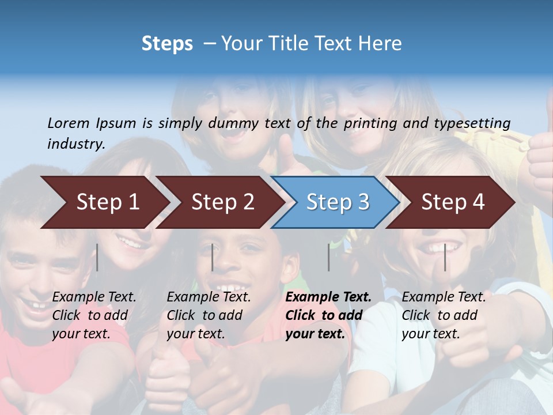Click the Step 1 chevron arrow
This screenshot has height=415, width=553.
coord(107,202)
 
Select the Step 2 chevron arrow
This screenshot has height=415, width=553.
coord(222,202)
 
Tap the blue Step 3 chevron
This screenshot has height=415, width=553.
coord(338,202)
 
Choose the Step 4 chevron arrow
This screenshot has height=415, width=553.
coord(453,202)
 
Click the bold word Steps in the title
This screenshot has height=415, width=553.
coord(167,44)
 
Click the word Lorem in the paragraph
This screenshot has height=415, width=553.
coord(69,123)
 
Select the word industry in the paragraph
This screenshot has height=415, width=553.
coord(75,144)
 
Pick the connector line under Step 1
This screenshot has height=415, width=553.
coord(97,257)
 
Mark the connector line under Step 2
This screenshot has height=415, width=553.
coord(213,257)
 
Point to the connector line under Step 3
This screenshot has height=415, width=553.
coord(329,257)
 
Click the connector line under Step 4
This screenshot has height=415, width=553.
coord(445,257)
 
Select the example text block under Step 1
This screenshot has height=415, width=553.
coord(94,315)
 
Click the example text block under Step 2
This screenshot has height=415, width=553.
coord(209,315)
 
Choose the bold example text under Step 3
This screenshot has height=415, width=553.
coord(328,315)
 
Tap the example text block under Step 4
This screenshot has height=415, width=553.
coord(444,315)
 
